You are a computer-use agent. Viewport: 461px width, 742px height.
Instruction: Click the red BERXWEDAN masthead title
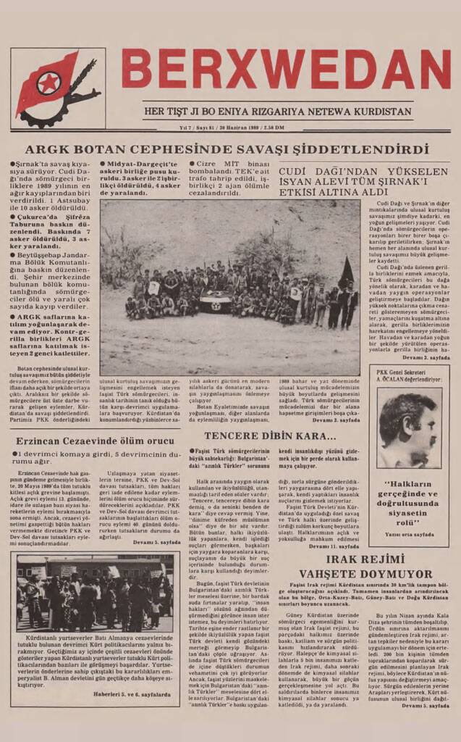[x=286, y=70]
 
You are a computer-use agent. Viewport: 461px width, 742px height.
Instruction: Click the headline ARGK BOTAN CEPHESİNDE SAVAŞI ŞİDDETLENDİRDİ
[x=227, y=150]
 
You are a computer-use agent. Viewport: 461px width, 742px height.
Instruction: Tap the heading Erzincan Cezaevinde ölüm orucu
[x=92, y=441]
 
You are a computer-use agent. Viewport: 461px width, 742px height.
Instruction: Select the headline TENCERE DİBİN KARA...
[x=270, y=436]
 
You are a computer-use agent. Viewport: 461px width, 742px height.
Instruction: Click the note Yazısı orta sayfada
[x=410, y=534]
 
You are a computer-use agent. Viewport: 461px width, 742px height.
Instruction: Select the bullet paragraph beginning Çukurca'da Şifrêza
[x=50, y=235]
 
